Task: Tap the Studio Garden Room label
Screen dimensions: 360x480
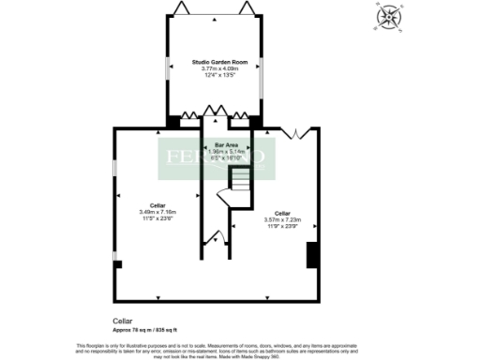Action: (215, 61)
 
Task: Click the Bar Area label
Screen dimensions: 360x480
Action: (225, 144)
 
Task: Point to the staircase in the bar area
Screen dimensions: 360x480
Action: (231, 191)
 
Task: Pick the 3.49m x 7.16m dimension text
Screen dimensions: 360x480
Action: (157, 211)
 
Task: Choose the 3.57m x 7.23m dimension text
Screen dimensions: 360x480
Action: (282, 218)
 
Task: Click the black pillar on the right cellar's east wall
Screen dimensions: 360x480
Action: (312, 254)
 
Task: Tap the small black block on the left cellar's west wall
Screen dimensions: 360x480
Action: (116, 264)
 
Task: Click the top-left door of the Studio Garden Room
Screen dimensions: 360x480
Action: (182, 8)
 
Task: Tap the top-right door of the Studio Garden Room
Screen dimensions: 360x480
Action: (247, 8)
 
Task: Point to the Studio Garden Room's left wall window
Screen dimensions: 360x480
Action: (169, 73)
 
